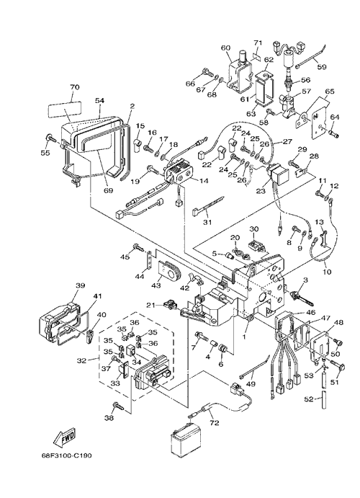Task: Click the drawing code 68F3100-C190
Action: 67,455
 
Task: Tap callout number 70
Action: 75,87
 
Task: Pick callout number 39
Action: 80,285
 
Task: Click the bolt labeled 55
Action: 50,138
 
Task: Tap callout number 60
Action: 225,48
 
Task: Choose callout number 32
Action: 81,360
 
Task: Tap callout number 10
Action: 327,272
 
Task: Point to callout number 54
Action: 99,100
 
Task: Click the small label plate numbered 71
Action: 257,57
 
